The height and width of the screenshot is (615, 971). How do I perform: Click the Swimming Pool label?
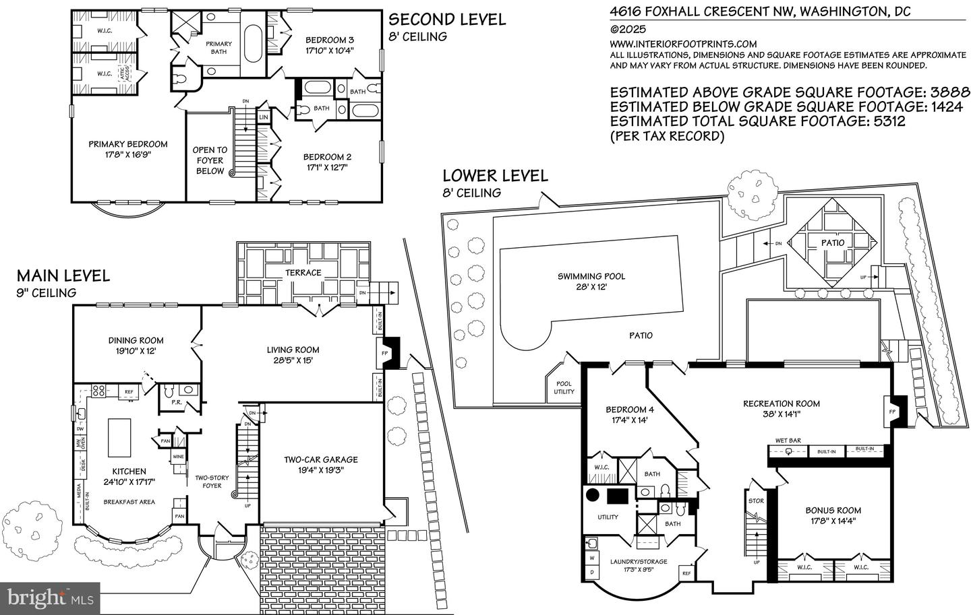tap(591, 276)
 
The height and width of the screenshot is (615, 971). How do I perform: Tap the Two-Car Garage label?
tap(320, 459)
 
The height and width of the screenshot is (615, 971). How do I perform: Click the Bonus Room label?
tap(833, 510)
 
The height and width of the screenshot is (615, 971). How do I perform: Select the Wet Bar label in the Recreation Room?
tap(788, 441)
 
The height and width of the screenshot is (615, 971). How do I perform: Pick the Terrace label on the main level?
tap(303, 272)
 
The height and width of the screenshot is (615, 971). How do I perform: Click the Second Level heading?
tap(447, 20)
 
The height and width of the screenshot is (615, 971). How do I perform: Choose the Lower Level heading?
tap(495, 176)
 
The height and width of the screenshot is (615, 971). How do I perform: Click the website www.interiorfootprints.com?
tap(682, 44)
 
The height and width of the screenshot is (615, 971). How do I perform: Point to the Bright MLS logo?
tap(51, 597)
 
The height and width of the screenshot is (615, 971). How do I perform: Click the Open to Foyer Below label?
tap(210, 160)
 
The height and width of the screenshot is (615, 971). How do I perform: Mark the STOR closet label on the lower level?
tap(755, 500)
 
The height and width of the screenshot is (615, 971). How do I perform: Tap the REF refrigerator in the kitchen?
tap(129, 391)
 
